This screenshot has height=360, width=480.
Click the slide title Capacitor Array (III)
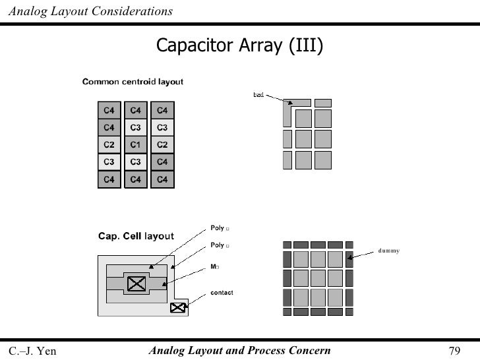click(239, 45)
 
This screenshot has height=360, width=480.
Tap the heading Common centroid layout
click(133, 82)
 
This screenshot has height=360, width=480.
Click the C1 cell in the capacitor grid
click(135, 144)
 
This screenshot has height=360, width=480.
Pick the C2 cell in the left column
click(109, 144)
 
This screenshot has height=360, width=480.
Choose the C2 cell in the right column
click(162, 144)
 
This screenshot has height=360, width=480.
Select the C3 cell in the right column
click(162, 127)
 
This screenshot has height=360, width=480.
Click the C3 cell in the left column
click(109, 162)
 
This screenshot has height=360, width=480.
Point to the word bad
click(258, 96)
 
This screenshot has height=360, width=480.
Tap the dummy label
click(389, 251)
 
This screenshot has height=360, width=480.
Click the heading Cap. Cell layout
click(136, 236)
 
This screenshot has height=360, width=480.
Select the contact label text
click(222, 293)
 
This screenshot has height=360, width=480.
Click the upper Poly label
click(218, 228)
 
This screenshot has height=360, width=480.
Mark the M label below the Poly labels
click(214, 267)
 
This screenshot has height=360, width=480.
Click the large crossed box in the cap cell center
click(136, 284)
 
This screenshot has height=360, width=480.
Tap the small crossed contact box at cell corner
click(177, 307)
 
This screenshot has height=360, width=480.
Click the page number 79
click(454, 351)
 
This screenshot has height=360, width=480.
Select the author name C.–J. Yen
click(32, 351)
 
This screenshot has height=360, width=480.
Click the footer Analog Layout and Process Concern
click(240, 350)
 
